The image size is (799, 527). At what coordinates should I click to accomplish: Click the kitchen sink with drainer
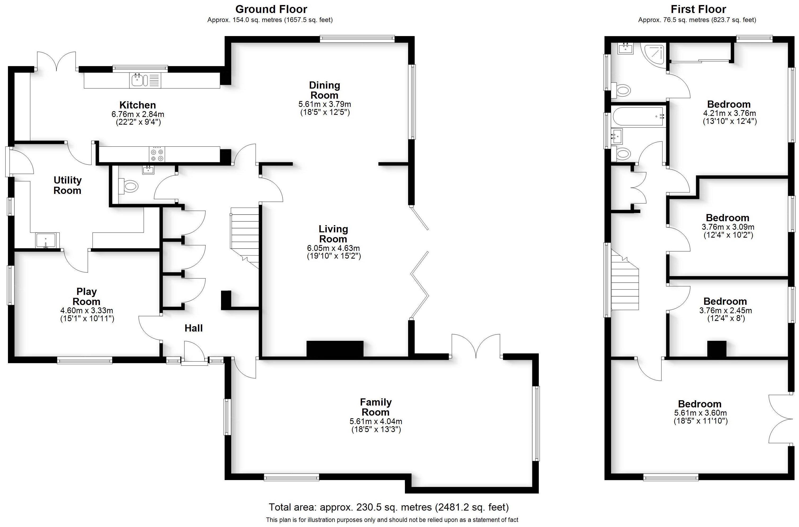click(x=145, y=81)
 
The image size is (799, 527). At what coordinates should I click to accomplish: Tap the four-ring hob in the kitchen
click(x=157, y=155)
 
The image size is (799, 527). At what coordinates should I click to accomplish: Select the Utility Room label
click(x=68, y=185)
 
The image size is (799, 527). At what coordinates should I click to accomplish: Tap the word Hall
click(x=193, y=328)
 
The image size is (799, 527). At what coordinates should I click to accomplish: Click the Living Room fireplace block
click(x=335, y=349)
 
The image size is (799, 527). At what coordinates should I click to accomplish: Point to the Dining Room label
click(x=324, y=90)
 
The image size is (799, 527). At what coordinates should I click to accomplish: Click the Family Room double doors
click(x=476, y=346)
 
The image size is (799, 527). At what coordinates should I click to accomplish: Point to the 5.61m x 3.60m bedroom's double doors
click(x=781, y=419)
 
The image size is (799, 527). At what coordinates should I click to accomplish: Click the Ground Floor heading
click(x=271, y=9)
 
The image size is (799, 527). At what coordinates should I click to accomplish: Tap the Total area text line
click(x=389, y=507)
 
